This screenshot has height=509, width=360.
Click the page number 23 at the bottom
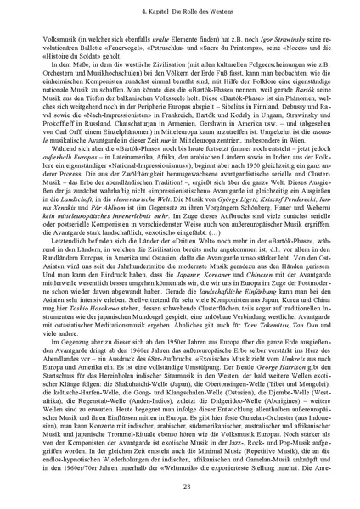[x=180, y=485]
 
